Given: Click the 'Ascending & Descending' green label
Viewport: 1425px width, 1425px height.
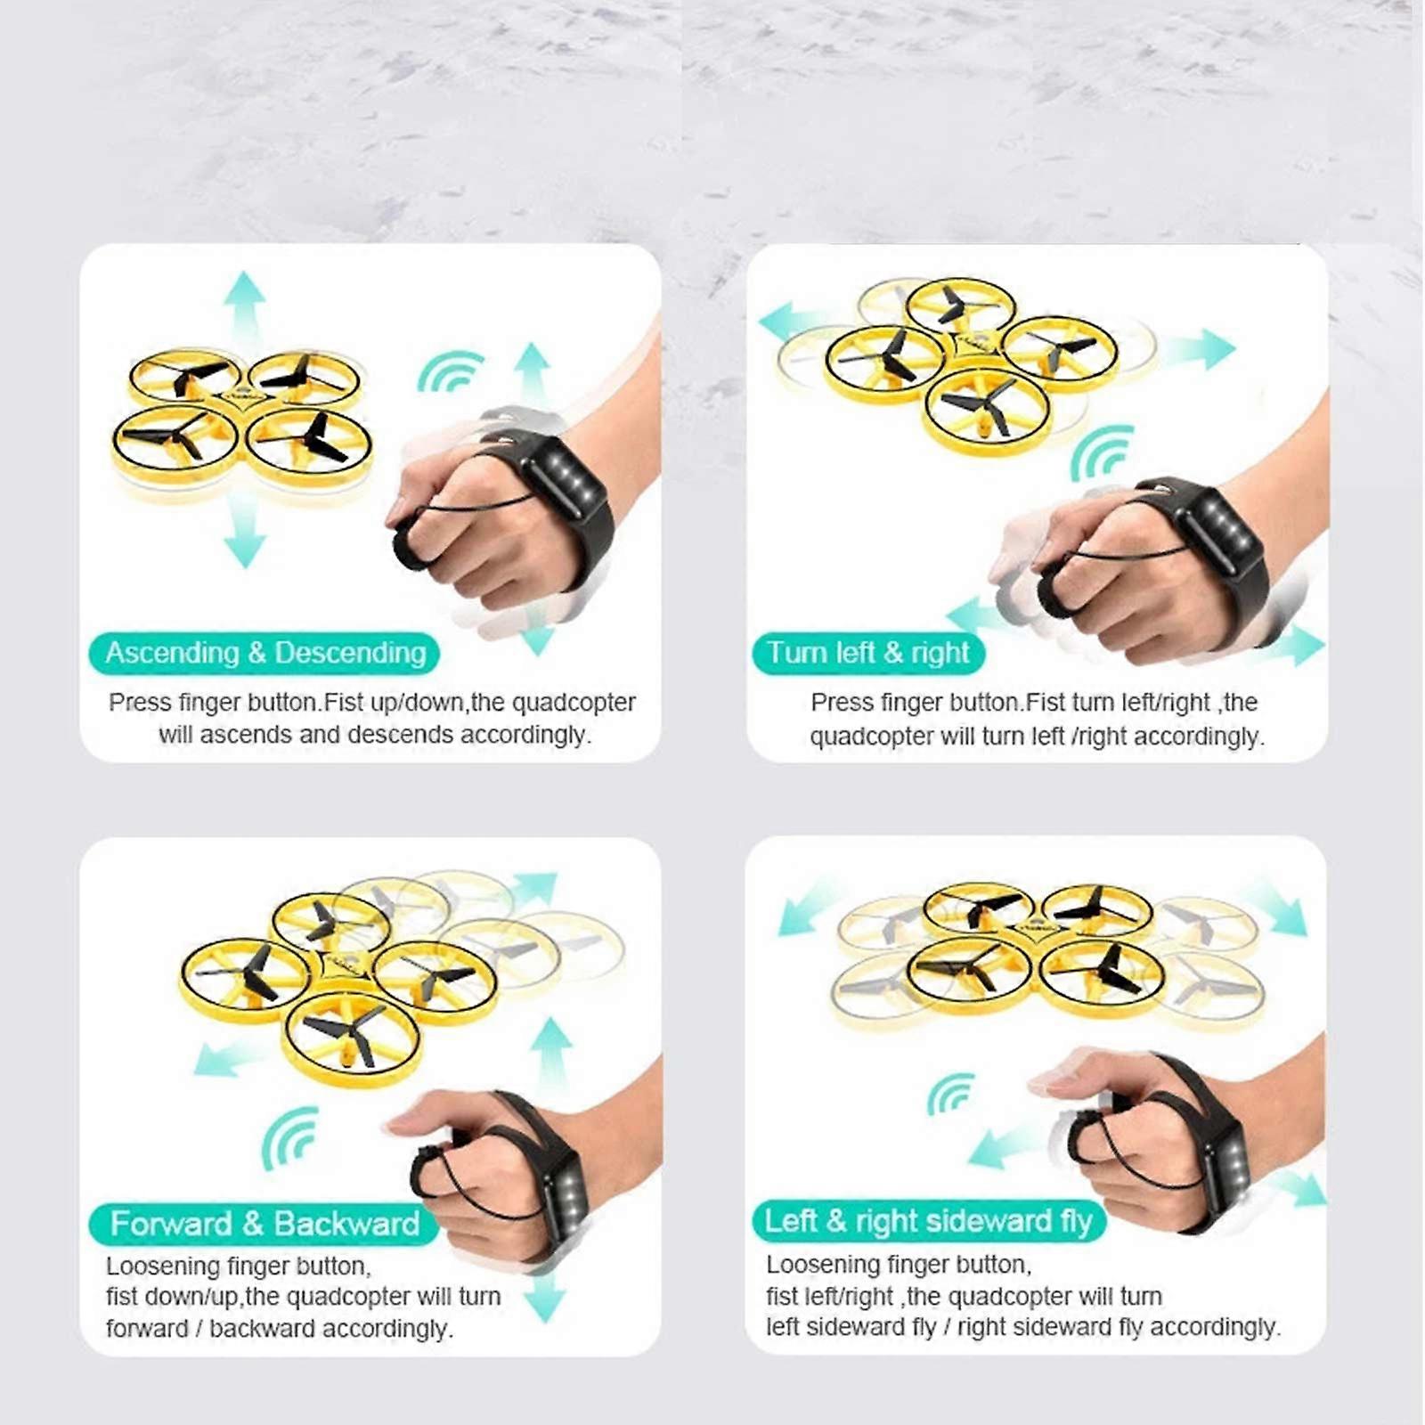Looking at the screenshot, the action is click(x=265, y=653).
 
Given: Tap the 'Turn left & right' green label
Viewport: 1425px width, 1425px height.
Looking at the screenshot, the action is click(x=868, y=653).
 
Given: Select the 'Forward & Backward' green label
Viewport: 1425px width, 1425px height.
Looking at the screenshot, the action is click(x=265, y=1224).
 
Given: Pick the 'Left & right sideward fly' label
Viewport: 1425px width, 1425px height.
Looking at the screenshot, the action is click(x=928, y=1220).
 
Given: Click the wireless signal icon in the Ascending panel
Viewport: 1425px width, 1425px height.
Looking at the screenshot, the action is click(x=450, y=371).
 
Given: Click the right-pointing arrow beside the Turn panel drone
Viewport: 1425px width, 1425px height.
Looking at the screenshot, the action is click(x=1202, y=348).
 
